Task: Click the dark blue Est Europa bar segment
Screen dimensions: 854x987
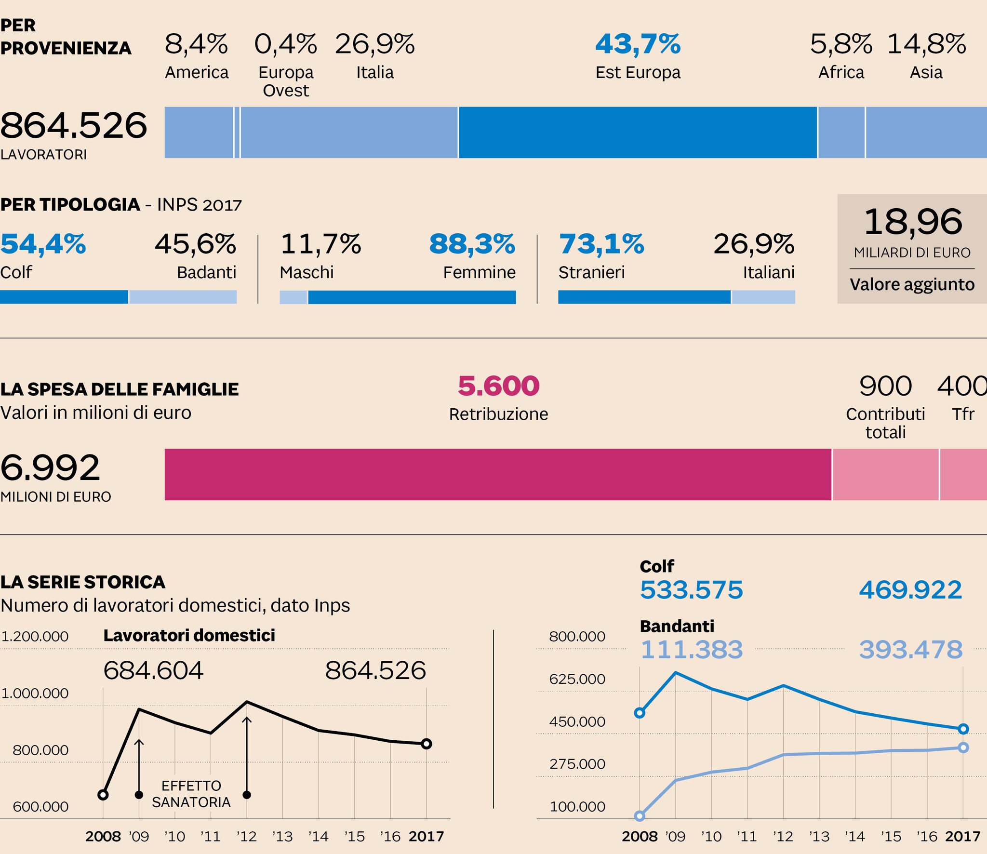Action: tap(638, 133)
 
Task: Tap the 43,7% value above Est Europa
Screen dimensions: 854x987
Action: tap(638, 44)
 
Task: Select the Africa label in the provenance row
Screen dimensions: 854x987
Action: tap(841, 72)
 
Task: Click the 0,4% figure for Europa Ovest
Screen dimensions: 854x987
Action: tap(285, 44)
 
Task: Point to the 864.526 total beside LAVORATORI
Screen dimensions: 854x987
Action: tap(74, 126)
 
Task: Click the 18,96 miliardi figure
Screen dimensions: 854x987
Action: tap(913, 222)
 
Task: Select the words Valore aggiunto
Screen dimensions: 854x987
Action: tap(912, 284)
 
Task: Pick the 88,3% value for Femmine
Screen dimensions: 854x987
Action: tap(472, 244)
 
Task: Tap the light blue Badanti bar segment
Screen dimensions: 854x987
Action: tap(183, 297)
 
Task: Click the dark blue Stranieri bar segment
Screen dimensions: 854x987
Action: tap(644, 297)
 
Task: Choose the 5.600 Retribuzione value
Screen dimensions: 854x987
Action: tap(498, 386)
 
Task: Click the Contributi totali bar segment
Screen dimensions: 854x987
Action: tap(885, 475)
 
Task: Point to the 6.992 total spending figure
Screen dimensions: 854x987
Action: tap(50, 468)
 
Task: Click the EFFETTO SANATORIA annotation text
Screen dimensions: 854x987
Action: tap(191, 794)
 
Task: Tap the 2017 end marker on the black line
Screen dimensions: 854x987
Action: tap(426, 744)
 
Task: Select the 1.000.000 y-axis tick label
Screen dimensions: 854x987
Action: tap(35, 693)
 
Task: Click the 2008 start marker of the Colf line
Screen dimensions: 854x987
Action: tap(640, 713)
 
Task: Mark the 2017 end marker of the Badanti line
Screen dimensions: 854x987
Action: tap(963, 747)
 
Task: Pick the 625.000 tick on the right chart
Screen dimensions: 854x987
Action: tap(577, 679)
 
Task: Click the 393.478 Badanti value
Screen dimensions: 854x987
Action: tap(910, 650)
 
